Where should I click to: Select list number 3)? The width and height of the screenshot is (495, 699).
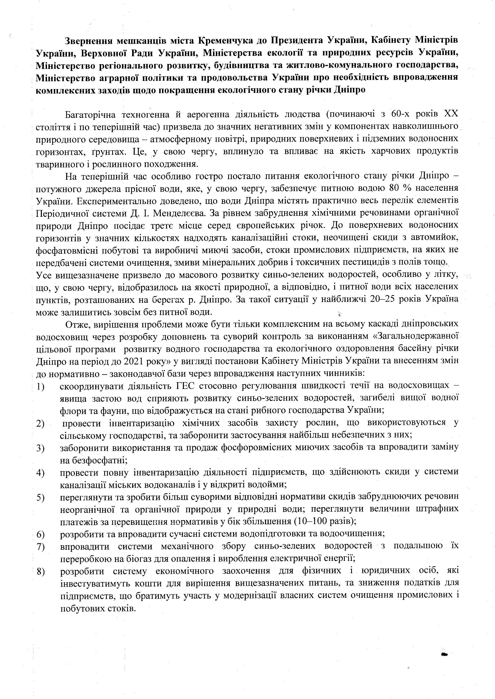click(40, 448)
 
